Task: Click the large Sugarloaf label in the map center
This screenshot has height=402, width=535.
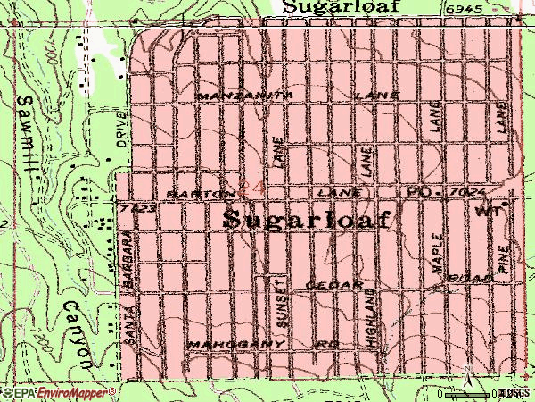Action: (305, 220)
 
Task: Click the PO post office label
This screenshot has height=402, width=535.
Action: (417, 193)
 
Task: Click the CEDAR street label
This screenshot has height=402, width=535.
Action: (334, 284)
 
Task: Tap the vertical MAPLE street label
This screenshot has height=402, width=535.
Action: (438, 254)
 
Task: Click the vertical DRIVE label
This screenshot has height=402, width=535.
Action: (121, 130)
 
